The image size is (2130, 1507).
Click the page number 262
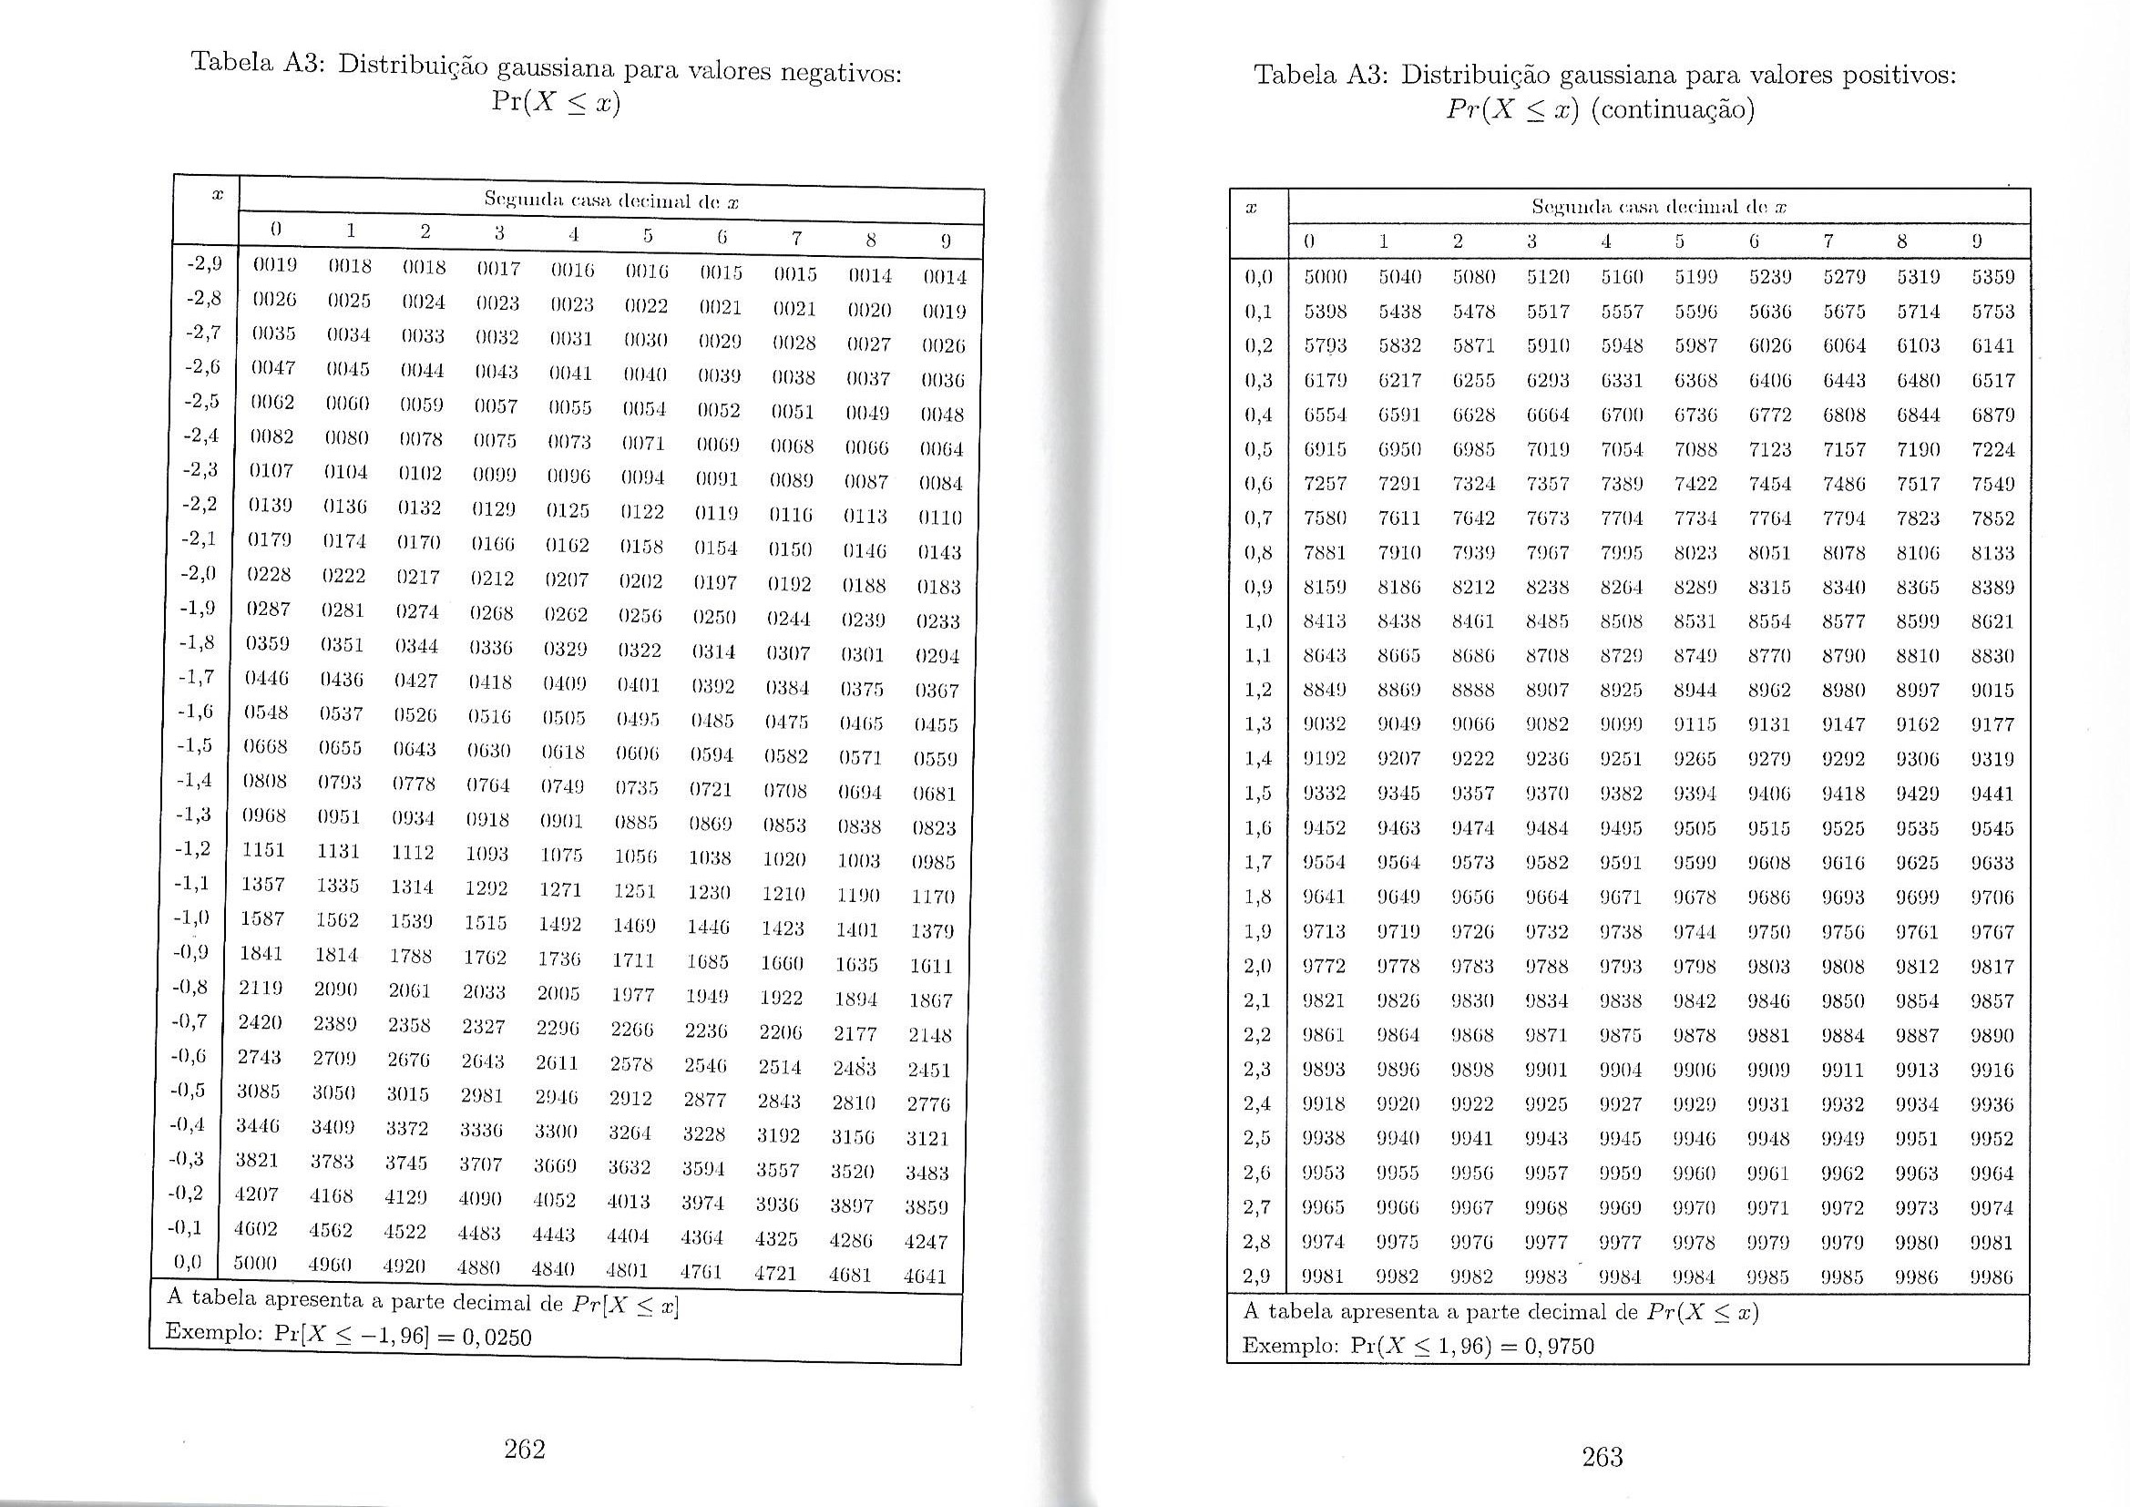(524, 1449)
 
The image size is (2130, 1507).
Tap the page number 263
(1603, 1457)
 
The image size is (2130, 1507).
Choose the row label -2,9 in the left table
(203, 263)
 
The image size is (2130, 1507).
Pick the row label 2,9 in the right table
(1257, 1276)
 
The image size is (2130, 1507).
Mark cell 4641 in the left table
(925, 1276)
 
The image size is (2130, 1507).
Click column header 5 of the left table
(648, 237)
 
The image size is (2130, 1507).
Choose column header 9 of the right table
(1977, 241)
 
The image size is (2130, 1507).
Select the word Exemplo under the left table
(211, 1332)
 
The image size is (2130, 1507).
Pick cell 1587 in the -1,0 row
(262, 918)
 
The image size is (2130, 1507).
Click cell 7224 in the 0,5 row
(1992, 449)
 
